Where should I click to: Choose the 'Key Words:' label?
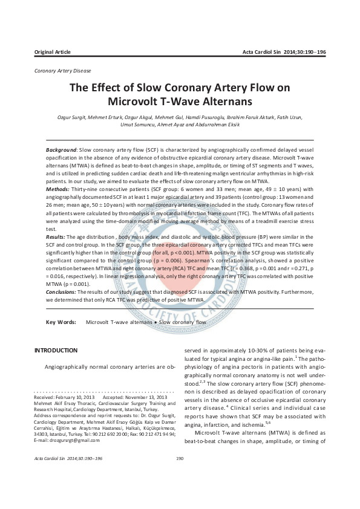61,323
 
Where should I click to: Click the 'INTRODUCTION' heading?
56,351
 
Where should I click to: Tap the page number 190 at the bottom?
180,458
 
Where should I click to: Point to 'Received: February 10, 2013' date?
64,397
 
